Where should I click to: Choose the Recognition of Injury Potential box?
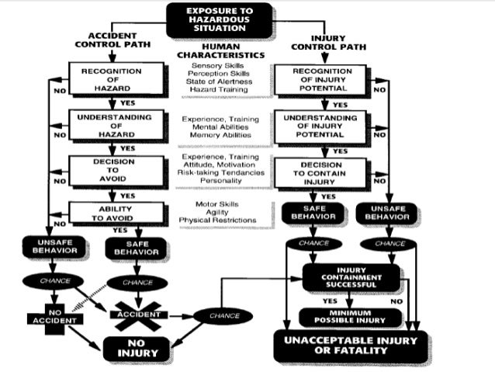[321, 78]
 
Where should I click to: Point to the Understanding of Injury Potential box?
[321, 126]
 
